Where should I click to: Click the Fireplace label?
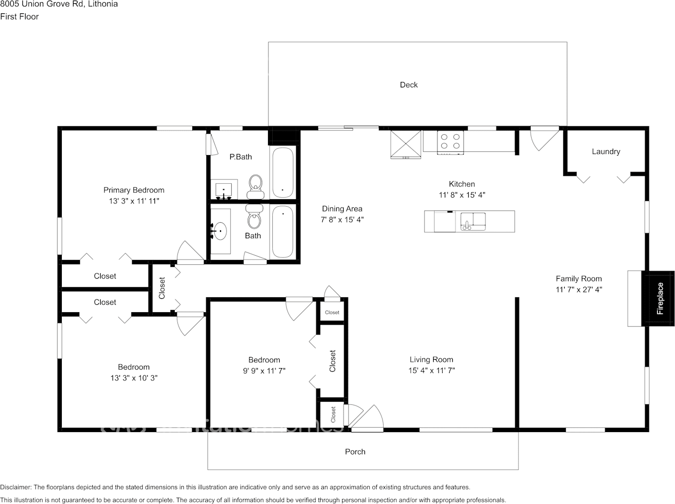pyautogui.click(x=660, y=298)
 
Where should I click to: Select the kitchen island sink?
pyautogui.click(x=473, y=221)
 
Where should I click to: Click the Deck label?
pyautogui.click(x=409, y=85)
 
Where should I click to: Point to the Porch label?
pyautogui.click(x=355, y=452)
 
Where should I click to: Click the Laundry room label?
pyautogui.click(x=606, y=151)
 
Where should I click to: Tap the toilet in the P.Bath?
pyautogui.click(x=256, y=183)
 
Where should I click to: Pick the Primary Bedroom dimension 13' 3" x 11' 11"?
pyautogui.click(x=134, y=201)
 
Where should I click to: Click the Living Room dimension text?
pyautogui.click(x=431, y=370)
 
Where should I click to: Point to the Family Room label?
pyautogui.click(x=579, y=279)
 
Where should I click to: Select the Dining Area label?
pyautogui.click(x=342, y=209)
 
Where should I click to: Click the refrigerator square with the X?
pyautogui.click(x=405, y=143)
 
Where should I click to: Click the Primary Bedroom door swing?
pyautogui.click(x=190, y=253)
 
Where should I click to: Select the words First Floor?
pyautogui.click(x=19, y=17)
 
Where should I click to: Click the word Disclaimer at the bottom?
pyautogui.click(x=15, y=487)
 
